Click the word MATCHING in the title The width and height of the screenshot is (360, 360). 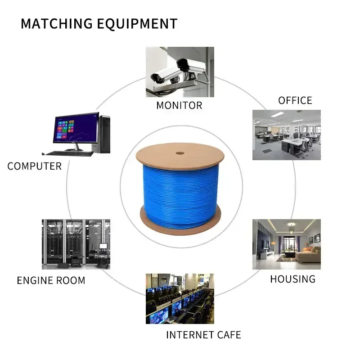(57, 23)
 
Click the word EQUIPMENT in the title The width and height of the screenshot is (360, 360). (137, 24)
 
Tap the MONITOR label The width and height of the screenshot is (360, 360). (179, 105)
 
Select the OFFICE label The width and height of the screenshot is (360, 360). (295, 100)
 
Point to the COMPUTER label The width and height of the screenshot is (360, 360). (35, 166)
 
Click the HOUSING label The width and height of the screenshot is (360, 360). (293, 279)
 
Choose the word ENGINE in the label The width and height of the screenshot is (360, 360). (35, 280)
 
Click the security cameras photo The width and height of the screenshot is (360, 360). (180, 72)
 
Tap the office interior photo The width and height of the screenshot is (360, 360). (287, 135)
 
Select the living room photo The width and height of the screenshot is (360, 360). (287, 244)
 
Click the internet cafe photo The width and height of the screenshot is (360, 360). (180, 299)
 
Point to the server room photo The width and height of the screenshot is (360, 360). (76, 244)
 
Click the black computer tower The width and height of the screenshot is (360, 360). (103, 135)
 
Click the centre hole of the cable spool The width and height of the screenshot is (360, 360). (180, 153)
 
